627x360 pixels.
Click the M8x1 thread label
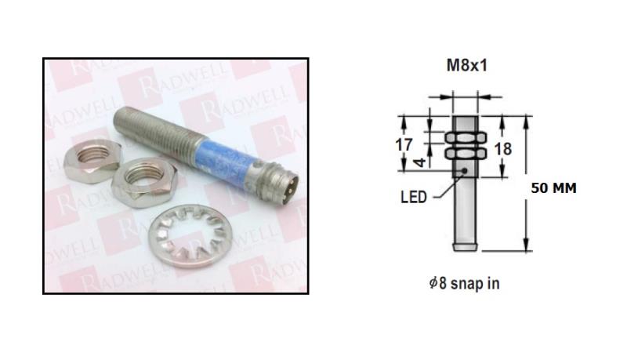[466, 65]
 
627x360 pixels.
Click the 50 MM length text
[553, 189]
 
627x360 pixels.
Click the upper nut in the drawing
[466, 138]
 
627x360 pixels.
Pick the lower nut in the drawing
[466, 153]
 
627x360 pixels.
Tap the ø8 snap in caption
[463, 283]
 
